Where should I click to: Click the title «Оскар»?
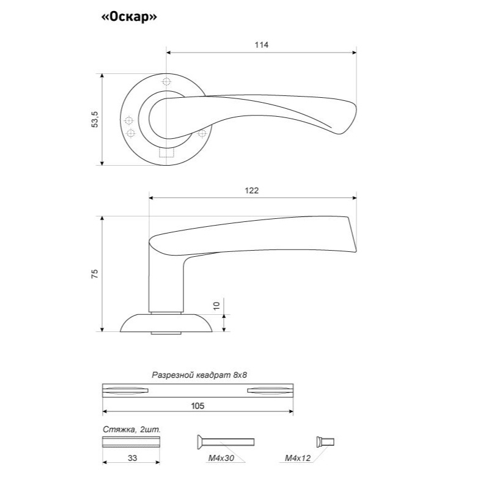(129, 17)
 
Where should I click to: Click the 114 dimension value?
(261, 45)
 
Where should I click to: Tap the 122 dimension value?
(252, 190)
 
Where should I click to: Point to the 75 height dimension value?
(95, 273)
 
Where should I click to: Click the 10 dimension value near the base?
(216, 306)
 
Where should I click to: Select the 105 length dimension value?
(197, 406)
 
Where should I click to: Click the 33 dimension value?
(132, 458)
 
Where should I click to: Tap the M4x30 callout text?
(221, 458)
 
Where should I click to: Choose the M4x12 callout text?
(298, 458)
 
